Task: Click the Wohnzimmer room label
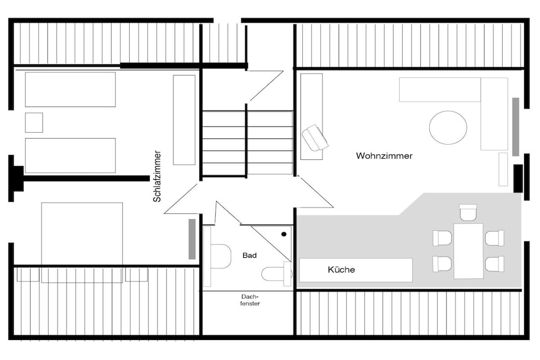coord(384,156)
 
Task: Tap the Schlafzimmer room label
coord(157,176)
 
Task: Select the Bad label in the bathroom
coord(249,255)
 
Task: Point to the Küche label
coord(341,269)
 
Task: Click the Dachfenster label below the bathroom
coord(250,300)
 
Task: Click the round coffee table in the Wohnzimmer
coord(448,128)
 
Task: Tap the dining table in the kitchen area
coord(468,251)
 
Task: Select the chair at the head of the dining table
coord(468,212)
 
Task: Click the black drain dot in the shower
coord(284,234)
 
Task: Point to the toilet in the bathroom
coord(275,274)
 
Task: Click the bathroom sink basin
coord(220,256)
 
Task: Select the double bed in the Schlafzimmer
coord(82,242)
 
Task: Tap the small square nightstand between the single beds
coord(34,122)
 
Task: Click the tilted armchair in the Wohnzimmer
coord(315,138)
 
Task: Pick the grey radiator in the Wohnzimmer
coord(516,127)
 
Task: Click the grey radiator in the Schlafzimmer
coord(192,239)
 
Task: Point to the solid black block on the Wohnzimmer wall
coord(518,178)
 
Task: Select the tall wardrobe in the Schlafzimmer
coord(184,120)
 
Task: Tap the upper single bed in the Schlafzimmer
coord(70,90)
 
